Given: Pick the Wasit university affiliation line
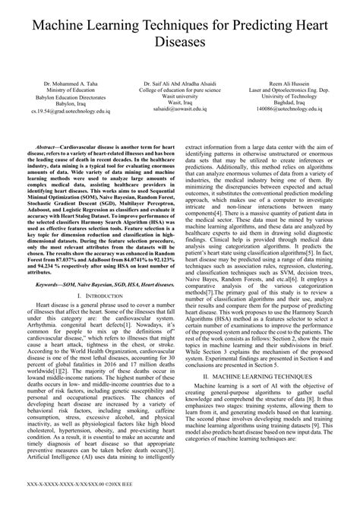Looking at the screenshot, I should coord(179,95).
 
